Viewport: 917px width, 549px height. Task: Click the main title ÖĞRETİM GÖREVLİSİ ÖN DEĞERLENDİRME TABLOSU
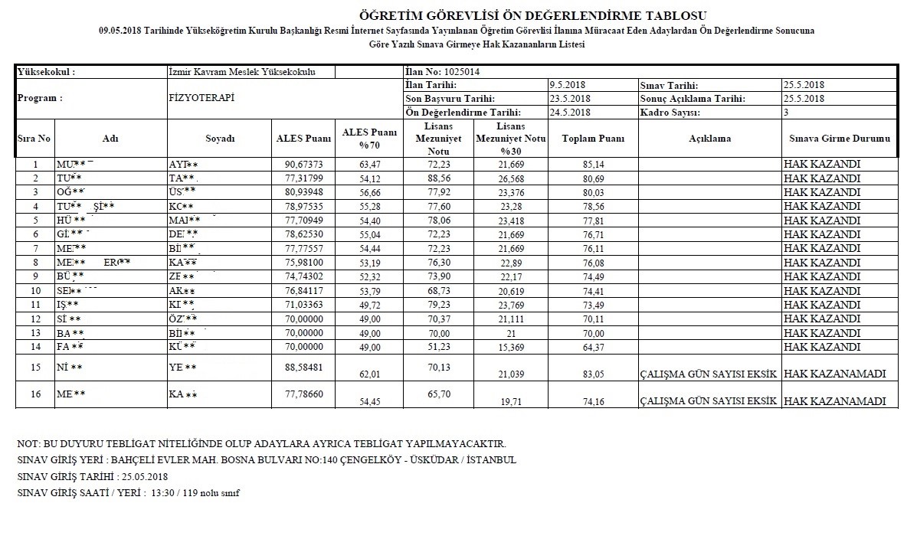click(x=533, y=16)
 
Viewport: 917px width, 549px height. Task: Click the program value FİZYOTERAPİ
click(x=201, y=99)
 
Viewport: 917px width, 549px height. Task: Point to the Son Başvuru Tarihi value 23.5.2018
click(x=569, y=99)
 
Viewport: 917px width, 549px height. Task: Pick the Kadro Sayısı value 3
click(x=785, y=112)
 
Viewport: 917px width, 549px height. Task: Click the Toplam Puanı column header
click(x=593, y=139)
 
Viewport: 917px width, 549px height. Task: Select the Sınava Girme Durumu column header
click(x=840, y=139)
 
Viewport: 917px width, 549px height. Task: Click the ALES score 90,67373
click(x=303, y=164)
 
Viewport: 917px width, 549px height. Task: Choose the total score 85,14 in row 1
click(x=593, y=164)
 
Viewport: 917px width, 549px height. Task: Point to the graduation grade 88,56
click(x=444, y=178)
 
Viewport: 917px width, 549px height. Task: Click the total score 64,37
click(x=593, y=346)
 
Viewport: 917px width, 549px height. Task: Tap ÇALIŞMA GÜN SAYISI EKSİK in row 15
click(x=709, y=374)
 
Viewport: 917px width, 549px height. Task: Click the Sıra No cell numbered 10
click(x=35, y=290)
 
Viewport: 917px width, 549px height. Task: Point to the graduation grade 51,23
click(x=444, y=346)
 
